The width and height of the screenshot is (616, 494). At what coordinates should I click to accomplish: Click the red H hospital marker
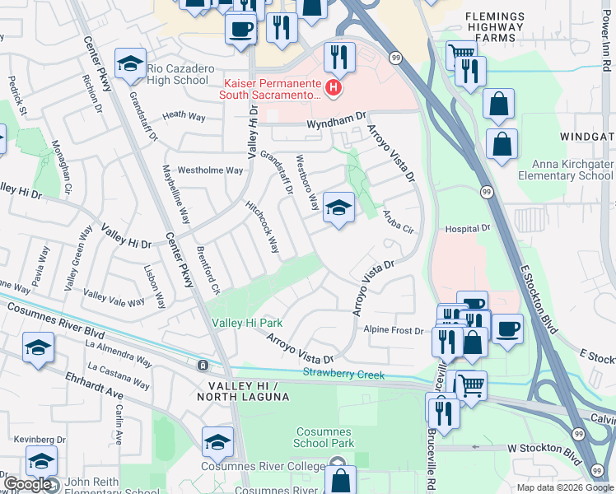[334, 87]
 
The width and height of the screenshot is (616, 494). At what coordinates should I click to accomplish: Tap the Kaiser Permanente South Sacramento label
[272, 88]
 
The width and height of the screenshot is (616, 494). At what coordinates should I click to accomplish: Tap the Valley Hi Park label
[247, 323]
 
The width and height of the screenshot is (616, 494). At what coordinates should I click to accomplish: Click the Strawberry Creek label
[343, 375]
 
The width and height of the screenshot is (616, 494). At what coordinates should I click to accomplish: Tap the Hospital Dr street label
[467, 228]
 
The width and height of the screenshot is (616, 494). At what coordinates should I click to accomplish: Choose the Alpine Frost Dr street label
[393, 330]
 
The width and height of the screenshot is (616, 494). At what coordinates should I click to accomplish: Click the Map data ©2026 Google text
[563, 487]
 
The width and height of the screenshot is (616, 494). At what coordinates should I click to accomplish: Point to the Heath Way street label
[184, 116]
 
